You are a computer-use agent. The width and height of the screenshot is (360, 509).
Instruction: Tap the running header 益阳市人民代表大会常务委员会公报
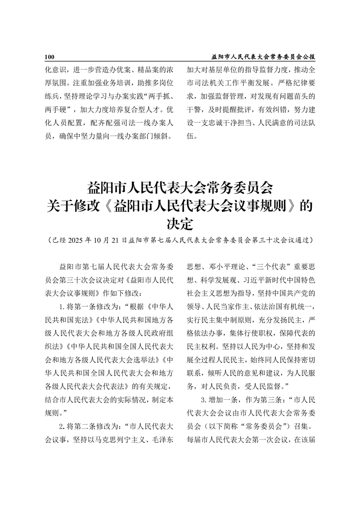tap(263, 57)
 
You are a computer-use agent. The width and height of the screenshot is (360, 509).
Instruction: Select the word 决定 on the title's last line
tap(180, 225)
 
